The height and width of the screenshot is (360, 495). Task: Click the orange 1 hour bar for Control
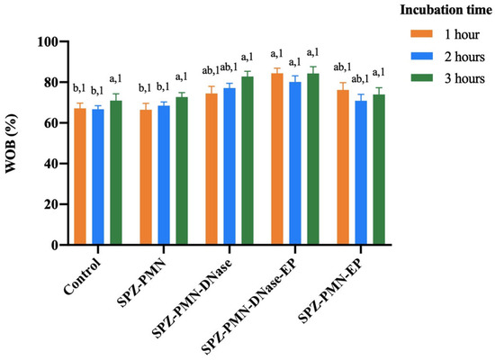80,176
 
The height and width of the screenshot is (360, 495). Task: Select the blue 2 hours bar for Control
98,176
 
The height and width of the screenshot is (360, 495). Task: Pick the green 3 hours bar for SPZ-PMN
182,171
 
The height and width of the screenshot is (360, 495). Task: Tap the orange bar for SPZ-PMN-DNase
211,169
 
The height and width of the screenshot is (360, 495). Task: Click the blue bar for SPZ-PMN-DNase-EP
295,163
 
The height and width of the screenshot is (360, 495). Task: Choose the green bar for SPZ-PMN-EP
379,169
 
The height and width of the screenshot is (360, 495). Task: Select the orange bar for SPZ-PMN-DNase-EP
277,158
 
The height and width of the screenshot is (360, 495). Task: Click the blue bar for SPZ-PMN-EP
361,173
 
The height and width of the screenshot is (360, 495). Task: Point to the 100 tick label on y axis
48,41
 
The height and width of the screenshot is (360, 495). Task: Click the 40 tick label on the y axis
50,164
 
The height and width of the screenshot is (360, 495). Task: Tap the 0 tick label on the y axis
54,245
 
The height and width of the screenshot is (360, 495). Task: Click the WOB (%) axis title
12,143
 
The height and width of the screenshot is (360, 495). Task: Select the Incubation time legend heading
446,10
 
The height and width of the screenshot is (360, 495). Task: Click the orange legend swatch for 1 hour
421,33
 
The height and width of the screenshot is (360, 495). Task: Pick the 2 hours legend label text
464,57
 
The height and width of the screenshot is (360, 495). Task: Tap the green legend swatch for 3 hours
421,77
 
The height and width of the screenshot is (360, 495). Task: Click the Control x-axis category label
83,277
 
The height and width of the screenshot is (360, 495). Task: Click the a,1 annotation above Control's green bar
115,78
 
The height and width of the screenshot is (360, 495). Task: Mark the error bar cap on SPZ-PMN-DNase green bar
247,71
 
